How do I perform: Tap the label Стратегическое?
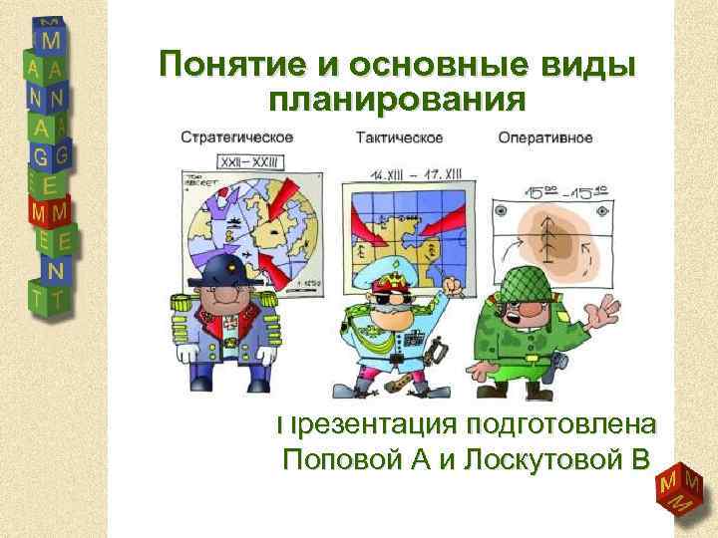pyautogui.click(x=235, y=137)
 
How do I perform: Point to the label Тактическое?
pyautogui.click(x=395, y=137)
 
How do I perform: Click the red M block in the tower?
pyautogui.click(x=46, y=212)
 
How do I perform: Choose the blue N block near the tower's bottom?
pyautogui.click(x=57, y=269)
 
